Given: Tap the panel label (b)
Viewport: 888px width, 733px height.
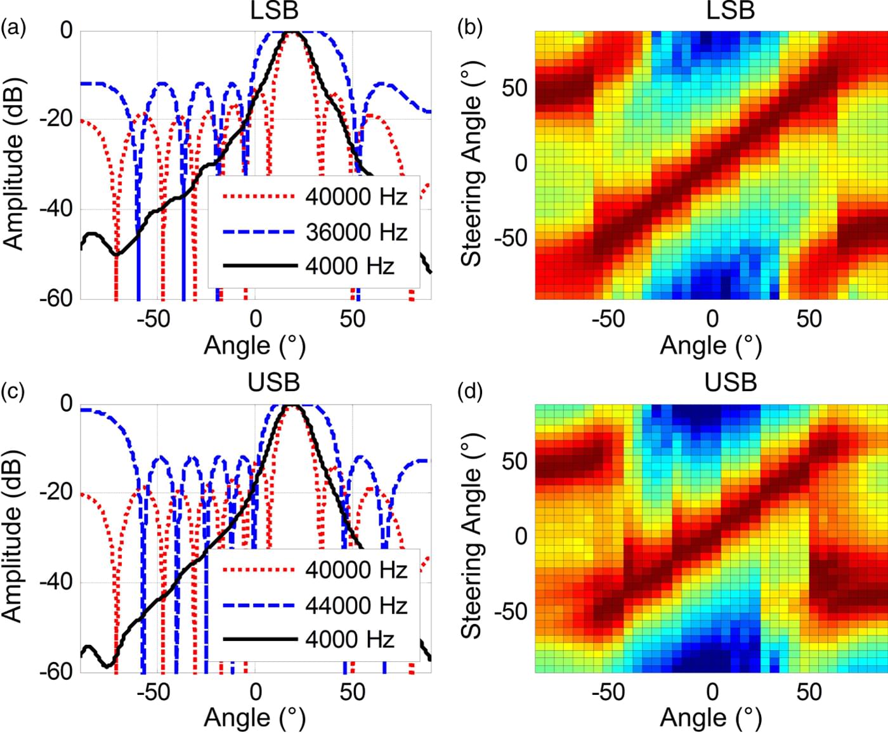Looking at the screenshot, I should [x=470, y=29].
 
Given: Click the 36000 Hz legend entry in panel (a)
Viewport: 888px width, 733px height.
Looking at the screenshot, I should [x=356, y=232].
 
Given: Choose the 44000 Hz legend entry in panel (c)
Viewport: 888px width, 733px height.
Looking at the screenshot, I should [x=356, y=606].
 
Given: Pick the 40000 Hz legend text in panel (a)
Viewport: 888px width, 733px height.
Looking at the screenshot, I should [x=356, y=197].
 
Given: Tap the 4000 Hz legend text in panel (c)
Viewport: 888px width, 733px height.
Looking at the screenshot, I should [x=349, y=639].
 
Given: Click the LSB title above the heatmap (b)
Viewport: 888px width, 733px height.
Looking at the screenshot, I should [x=730, y=10].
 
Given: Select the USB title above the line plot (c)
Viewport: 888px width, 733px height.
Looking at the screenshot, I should [x=273, y=382].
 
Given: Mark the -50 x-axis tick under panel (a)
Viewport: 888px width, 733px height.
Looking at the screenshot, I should [x=153, y=318].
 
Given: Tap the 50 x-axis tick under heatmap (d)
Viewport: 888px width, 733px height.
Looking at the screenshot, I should [x=809, y=691].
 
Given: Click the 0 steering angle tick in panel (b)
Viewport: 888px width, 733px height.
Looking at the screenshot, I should [x=521, y=163].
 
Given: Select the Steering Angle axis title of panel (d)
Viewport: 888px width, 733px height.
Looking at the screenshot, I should [x=472, y=536].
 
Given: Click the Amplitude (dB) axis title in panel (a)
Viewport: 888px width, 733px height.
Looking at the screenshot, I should [x=14, y=164].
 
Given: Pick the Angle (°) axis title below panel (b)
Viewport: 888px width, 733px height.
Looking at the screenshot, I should [x=710, y=346].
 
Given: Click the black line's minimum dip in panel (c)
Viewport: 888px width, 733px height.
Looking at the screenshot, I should [x=108, y=666].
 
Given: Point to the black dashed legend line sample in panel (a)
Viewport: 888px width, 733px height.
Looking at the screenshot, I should [x=260, y=266].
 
